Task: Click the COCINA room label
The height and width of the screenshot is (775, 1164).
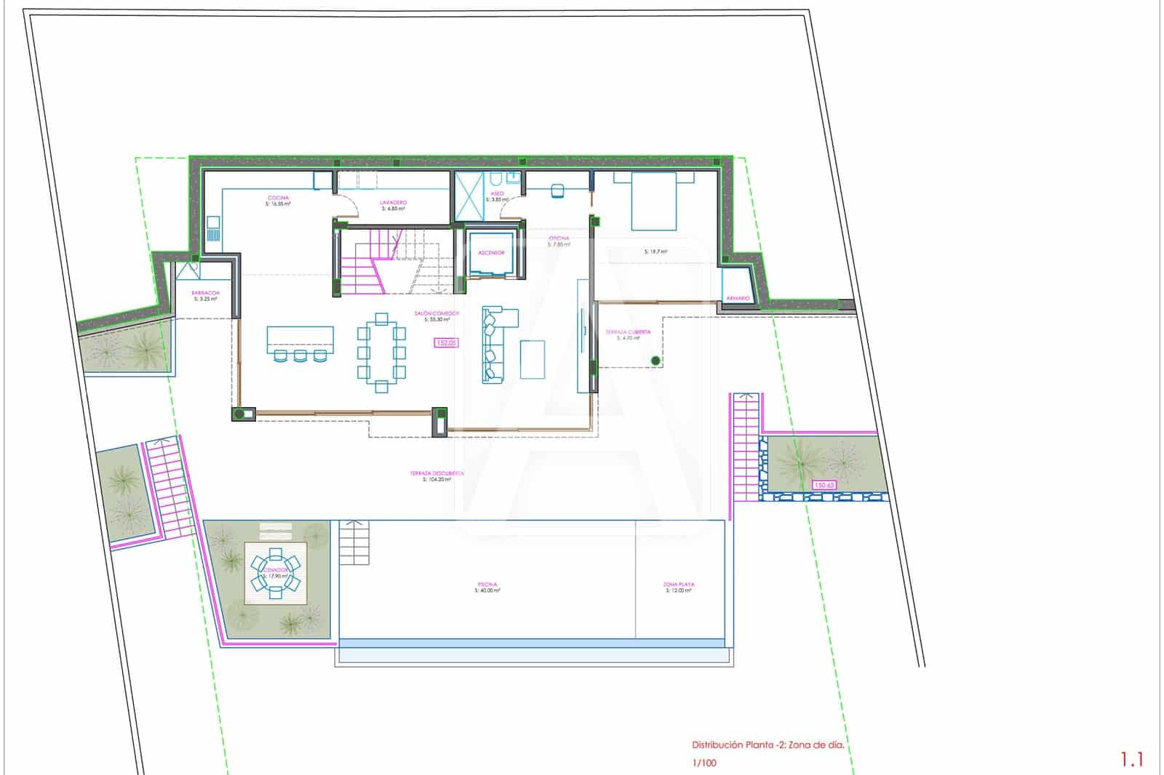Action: [x=278, y=198]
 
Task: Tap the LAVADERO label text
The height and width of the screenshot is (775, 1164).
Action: [x=393, y=203]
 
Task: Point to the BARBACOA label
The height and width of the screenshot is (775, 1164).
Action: [x=205, y=293]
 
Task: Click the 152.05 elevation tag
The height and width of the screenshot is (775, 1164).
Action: [x=446, y=342]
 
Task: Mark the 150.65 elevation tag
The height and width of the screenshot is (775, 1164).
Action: [x=824, y=485]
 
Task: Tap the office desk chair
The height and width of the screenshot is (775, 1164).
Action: [x=558, y=190]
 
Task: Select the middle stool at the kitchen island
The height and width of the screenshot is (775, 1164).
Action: [x=300, y=356]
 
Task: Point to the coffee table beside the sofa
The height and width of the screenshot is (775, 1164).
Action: [x=533, y=359]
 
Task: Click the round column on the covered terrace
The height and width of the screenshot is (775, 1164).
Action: [x=655, y=361]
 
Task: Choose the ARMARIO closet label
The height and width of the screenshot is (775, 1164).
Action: [x=738, y=298]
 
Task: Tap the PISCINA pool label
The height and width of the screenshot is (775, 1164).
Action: [x=487, y=585]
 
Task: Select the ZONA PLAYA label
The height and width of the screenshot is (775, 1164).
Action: [x=678, y=585]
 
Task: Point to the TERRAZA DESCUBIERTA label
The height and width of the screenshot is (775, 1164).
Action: [x=436, y=473]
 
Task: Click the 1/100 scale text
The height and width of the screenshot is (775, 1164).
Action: [x=703, y=763]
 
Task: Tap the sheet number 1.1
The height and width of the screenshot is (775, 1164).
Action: [x=1131, y=760]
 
